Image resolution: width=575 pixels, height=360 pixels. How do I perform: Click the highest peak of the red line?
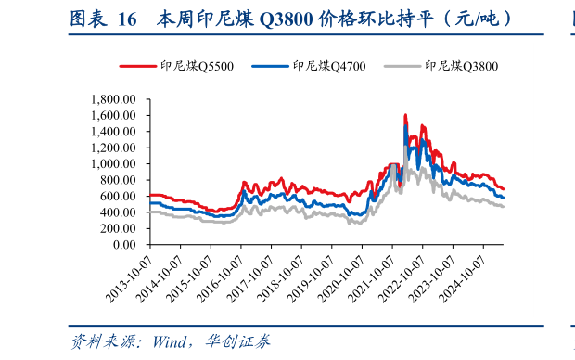[405, 115]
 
